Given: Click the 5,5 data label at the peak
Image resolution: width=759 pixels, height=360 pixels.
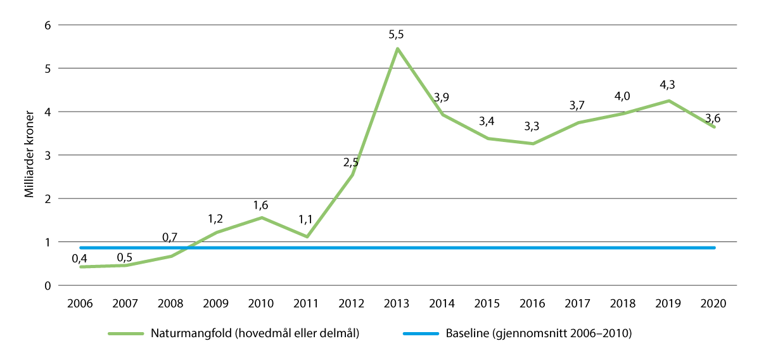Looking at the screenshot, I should click(x=397, y=35).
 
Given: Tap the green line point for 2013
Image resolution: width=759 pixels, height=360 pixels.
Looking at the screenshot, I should click(x=397, y=48).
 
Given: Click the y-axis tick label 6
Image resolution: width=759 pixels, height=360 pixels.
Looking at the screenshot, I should click(x=46, y=25).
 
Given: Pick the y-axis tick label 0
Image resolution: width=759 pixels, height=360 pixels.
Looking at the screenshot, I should click(x=46, y=285).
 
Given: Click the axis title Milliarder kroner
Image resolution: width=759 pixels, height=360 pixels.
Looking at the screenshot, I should click(x=29, y=155).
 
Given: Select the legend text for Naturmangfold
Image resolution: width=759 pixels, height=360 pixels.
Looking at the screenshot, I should click(x=255, y=333).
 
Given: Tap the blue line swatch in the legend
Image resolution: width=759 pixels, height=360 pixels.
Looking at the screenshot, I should click(x=419, y=333).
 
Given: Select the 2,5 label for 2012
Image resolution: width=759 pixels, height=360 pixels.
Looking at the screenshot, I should click(x=351, y=162).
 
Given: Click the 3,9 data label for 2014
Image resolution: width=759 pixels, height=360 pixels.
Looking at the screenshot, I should click(x=442, y=97).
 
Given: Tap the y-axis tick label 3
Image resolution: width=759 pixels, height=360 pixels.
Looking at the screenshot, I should click(x=46, y=155).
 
